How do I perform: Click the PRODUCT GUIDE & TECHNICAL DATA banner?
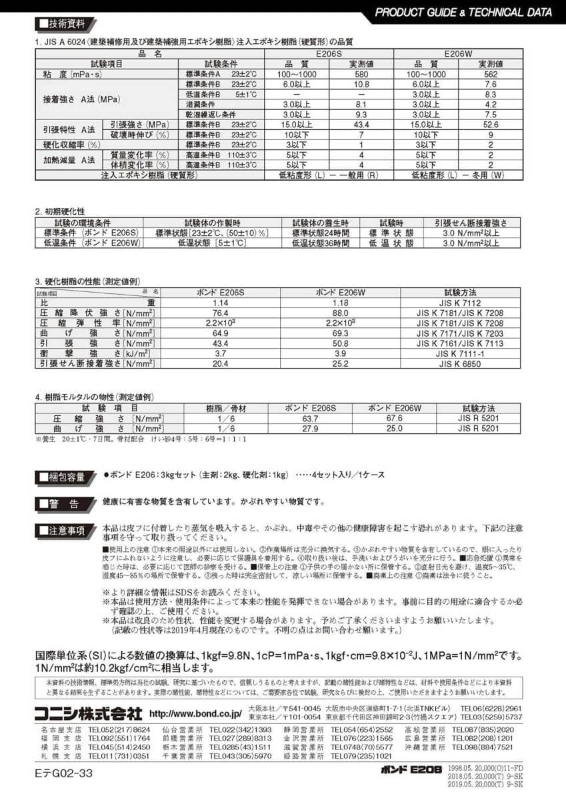tap(463, 12)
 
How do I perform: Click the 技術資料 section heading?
tap(62, 24)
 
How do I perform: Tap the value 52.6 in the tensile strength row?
tap(491, 125)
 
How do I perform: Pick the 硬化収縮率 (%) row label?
tap(71, 145)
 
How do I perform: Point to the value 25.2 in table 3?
tap(340, 364)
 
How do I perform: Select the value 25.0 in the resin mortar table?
tap(395, 428)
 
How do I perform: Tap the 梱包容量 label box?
tap(63, 477)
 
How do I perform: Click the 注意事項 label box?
tap(63, 531)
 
